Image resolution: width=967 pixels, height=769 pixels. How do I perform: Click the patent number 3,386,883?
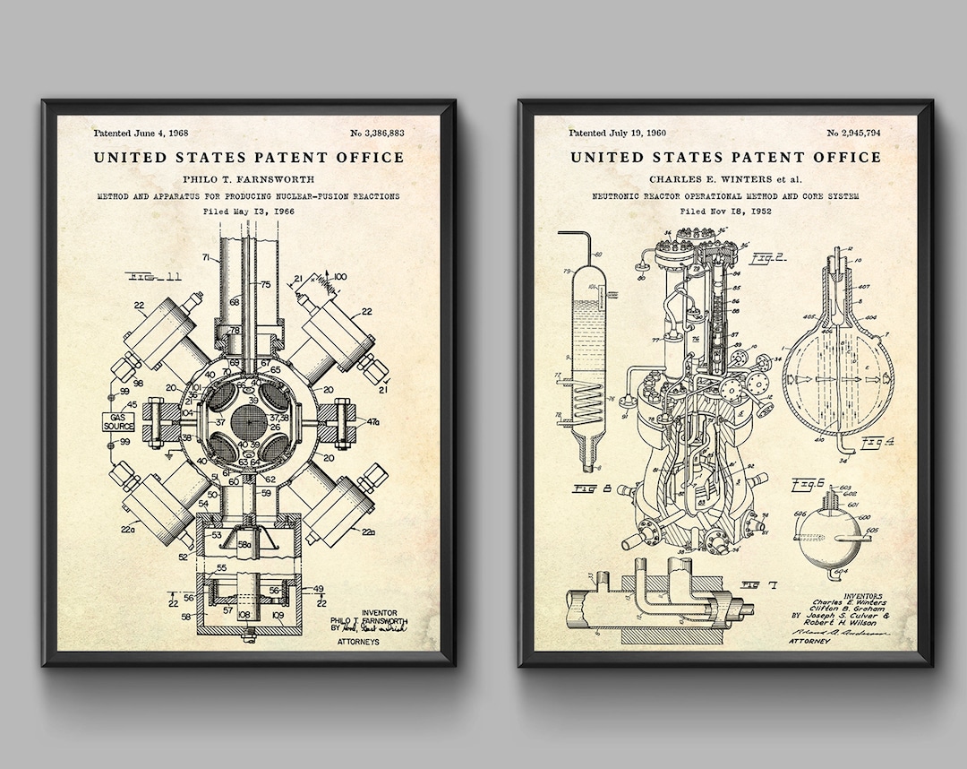click(x=377, y=134)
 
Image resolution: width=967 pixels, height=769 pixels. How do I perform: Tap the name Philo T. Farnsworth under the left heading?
click(x=248, y=177)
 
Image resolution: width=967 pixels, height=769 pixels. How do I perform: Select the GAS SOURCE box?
click(x=118, y=421)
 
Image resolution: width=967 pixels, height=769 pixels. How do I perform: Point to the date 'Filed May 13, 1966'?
click(x=248, y=212)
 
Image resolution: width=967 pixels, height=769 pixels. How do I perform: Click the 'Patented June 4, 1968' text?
click(x=131, y=134)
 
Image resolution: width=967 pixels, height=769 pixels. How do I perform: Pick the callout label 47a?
click(x=372, y=421)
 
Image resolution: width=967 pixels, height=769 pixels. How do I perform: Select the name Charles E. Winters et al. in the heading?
click(x=725, y=177)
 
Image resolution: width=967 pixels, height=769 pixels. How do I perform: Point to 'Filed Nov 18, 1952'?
click(x=725, y=212)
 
